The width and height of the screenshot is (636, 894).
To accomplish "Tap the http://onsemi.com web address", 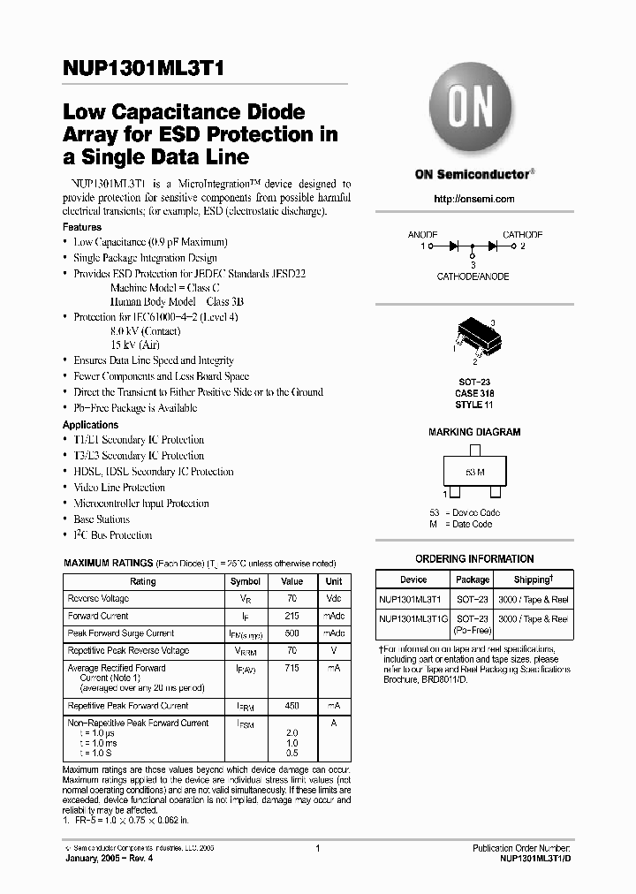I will pos(473,200).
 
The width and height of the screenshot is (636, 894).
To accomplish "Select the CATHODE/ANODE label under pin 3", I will pos(473,277).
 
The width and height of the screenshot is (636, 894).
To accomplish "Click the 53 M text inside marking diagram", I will pos(473,471).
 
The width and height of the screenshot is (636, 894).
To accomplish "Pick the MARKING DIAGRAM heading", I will pos(474,433).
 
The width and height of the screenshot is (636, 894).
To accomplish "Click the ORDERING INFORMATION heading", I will pos(474,559).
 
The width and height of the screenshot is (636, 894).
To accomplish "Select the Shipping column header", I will pos(534,580).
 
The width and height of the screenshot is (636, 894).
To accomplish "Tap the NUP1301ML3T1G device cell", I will pos(413,619).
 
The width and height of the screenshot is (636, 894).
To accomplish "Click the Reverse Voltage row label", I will pos(98,599).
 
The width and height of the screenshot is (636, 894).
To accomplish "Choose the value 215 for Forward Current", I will pos(291,616).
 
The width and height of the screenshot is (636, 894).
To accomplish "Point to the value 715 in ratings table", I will pos(291,669).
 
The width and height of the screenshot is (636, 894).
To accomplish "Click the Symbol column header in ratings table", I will pos(246,581).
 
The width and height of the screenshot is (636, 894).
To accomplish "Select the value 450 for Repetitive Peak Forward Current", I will pos(291,706).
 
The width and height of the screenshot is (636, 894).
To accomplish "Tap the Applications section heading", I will pos(91,425).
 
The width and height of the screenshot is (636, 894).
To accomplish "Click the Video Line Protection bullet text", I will pos(119,488).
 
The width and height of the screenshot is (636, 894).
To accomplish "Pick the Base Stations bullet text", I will pos(102,519).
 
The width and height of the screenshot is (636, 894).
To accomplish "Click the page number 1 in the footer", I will pos(317,849).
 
